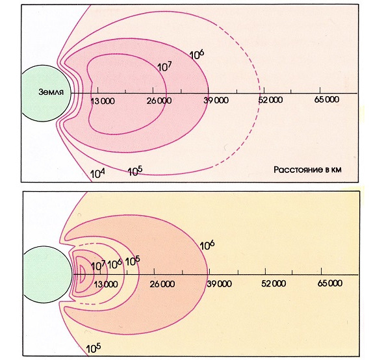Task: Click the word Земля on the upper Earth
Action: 51,92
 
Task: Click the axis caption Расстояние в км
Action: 307,170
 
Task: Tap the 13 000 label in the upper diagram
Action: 103,101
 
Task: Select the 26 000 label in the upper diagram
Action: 159,101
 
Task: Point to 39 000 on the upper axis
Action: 216,100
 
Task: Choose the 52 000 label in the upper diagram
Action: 270,100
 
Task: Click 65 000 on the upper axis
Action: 327,99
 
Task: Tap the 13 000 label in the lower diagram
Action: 106,284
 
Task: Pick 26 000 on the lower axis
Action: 162,284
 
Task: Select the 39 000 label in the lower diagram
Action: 219,283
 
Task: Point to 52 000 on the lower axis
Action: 274,283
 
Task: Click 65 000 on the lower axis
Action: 330,283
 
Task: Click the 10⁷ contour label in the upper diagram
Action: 164,67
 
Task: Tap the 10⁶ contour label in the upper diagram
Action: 197,55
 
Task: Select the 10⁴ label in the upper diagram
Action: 97,174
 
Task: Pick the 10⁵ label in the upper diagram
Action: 135,171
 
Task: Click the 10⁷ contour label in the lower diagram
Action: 98,266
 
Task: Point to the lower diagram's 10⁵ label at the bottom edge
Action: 94,348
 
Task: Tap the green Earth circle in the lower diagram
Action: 48,275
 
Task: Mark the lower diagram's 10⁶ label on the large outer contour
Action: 207,246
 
